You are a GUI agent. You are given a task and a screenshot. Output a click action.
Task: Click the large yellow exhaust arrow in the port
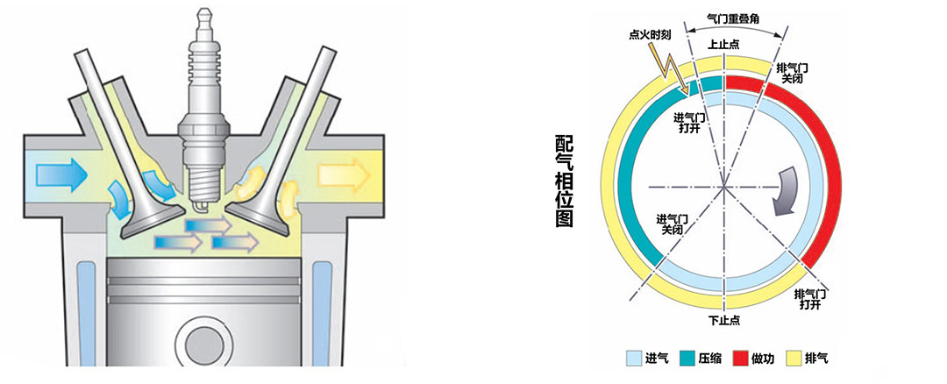click(x=344, y=174)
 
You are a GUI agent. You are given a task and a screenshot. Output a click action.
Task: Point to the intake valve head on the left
click(x=152, y=220)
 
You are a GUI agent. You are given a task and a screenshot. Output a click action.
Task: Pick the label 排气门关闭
click(x=791, y=73)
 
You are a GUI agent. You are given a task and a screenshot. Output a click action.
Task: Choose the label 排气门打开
click(x=810, y=299)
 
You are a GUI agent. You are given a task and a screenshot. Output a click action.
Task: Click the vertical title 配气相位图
click(x=564, y=181)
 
